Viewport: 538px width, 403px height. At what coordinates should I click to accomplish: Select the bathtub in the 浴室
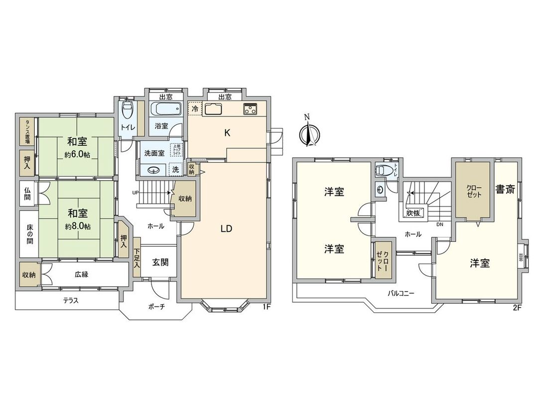tap(161, 109)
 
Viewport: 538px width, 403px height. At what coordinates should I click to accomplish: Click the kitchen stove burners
tap(250, 109)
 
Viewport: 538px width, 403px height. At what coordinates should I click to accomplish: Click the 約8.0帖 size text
tap(77, 226)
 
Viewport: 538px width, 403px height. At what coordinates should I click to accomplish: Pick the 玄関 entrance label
tap(160, 262)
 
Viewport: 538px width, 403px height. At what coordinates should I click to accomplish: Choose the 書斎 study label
tap(505, 189)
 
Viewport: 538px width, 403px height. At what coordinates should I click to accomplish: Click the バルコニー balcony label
tap(401, 294)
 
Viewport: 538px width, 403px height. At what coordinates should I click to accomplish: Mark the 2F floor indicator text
tap(517, 307)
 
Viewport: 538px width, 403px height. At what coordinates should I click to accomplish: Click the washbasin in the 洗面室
tap(153, 169)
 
